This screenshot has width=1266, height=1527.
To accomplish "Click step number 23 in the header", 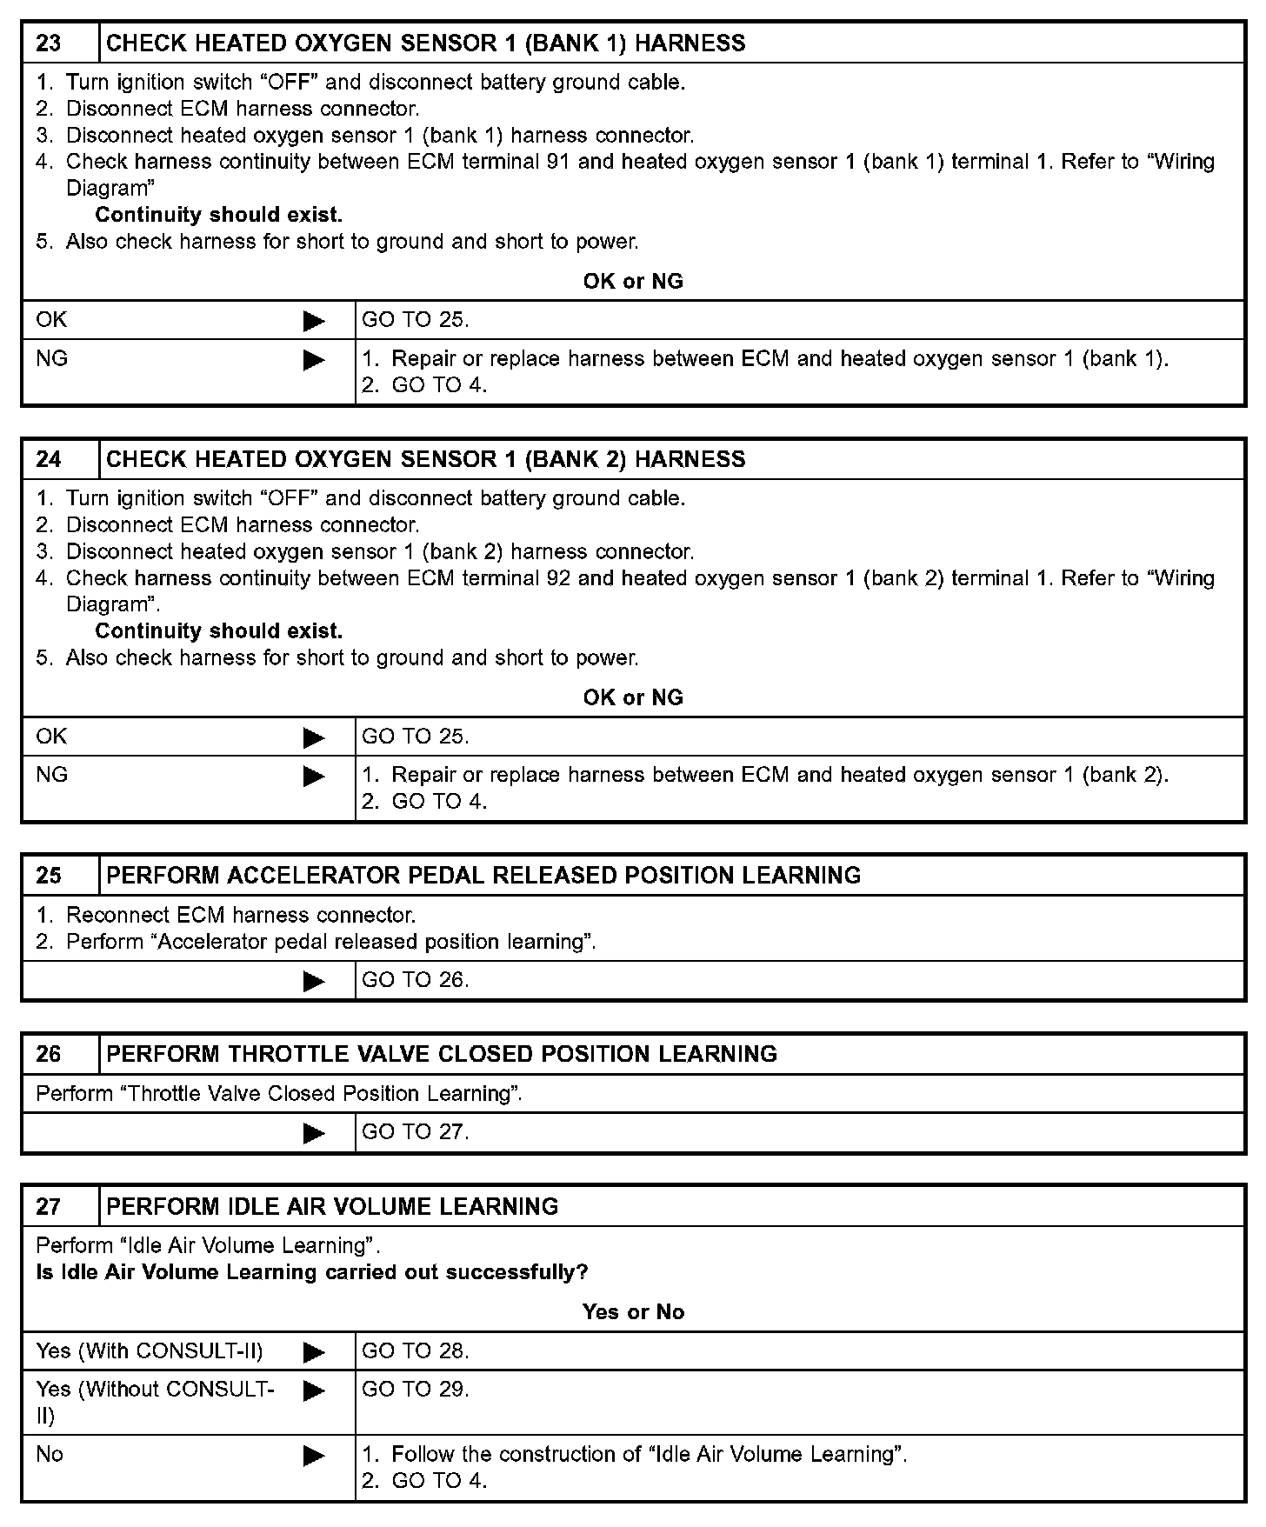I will pyautogui.click(x=49, y=43).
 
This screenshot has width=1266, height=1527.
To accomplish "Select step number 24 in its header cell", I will pyautogui.click(x=49, y=459).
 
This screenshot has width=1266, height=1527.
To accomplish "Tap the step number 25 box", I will pyautogui.click(x=49, y=875).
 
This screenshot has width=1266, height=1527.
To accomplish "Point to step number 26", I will pyautogui.click(x=49, y=1054).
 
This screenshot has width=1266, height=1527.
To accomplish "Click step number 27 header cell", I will pyautogui.click(x=49, y=1206).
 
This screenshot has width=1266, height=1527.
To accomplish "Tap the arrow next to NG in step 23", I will pyautogui.click(x=314, y=360).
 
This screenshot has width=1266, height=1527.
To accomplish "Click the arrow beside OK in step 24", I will pyautogui.click(x=314, y=738).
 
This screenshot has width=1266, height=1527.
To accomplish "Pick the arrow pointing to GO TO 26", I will pyautogui.click(x=314, y=982).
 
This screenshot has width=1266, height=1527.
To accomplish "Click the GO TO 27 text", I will pyautogui.click(x=415, y=1132).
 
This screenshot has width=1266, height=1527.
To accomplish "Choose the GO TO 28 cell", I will pyautogui.click(x=415, y=1350).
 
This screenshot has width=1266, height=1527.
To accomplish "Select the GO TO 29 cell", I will pyautogui.click(x=415, y=1390).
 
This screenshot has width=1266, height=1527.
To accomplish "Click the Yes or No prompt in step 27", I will pyautogui.click(x=633, y=1312).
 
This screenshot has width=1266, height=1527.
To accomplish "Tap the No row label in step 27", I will pyautogui.click(x=50, y=1454).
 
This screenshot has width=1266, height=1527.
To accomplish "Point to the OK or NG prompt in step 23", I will pyautogui.click(x=633, y=282).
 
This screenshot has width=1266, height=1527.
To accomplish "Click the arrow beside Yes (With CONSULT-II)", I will pyautogui.click(x=314, y=1352).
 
